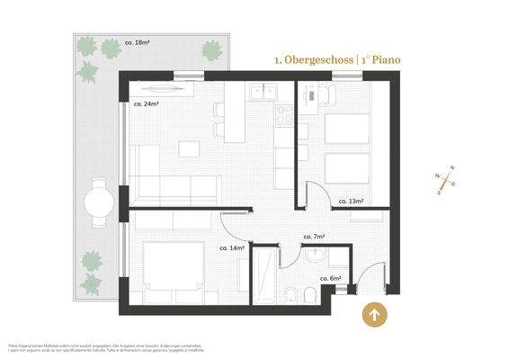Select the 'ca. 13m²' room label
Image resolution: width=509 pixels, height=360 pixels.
point(351,202)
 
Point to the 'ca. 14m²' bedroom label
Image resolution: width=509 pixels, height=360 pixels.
point(232,247)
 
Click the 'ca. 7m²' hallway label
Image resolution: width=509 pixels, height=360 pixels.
point(314,236)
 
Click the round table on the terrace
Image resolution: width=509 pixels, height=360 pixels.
point(98,202)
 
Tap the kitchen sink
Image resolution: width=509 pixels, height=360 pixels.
point(263,91)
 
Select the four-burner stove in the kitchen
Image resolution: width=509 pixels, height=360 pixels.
point(284,113)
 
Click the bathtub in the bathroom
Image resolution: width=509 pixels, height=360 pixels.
point(267,278)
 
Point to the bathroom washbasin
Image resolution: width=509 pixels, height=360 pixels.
point(314,257)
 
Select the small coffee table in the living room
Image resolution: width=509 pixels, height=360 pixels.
point(189,149)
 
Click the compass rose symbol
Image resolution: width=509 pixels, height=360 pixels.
point(444,180)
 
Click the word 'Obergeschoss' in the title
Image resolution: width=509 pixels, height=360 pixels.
point(319,59)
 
